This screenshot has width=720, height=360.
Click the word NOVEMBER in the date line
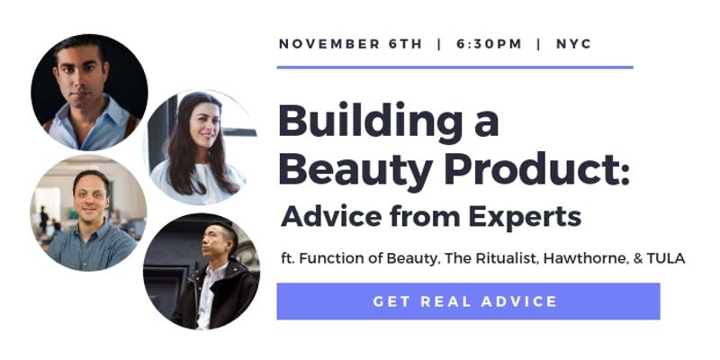coord(329,44)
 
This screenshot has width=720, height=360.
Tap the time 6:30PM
coord(489,44)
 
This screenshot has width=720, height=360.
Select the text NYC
coord(573,44)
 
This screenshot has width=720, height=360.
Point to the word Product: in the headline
coord(537,170)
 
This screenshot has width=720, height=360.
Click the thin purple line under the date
coord(455,67)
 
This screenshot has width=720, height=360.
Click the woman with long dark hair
coord(200,148)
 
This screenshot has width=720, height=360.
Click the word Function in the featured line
coord(328,258)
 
